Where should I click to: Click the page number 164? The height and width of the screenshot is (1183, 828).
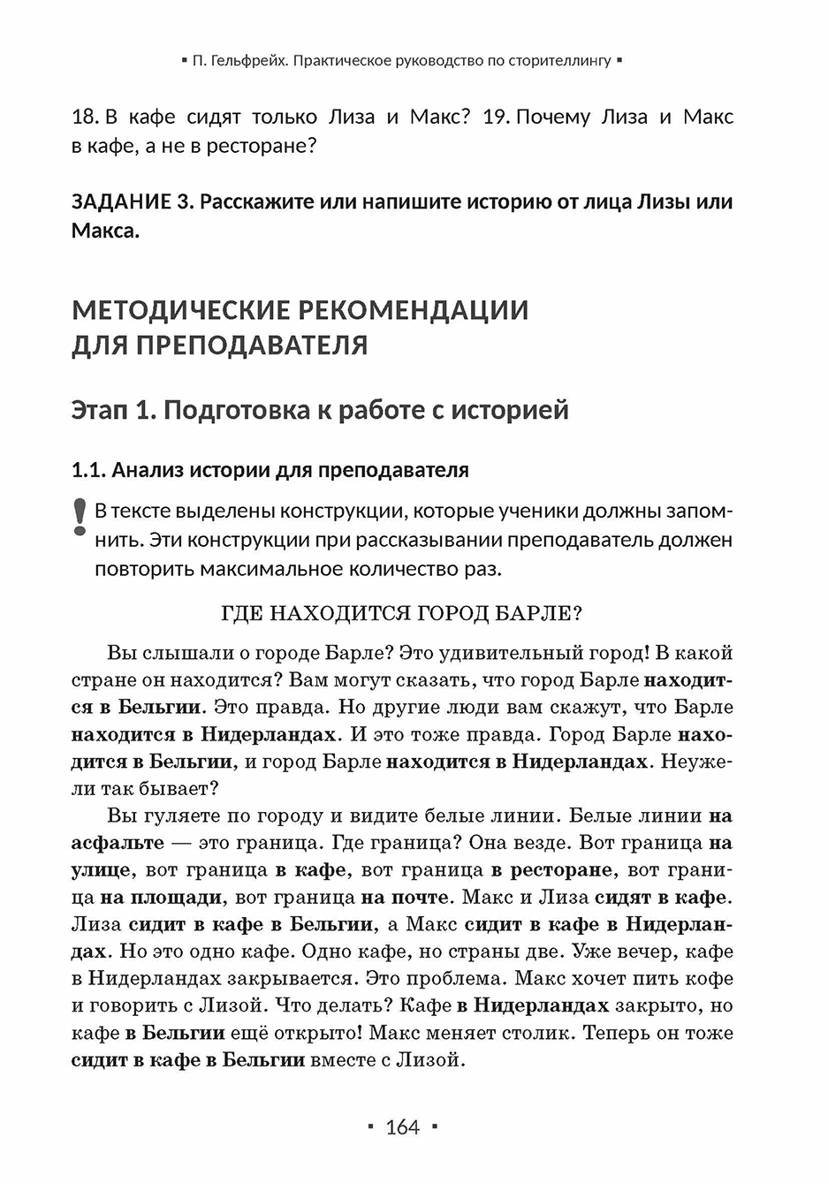tap(403, 1126)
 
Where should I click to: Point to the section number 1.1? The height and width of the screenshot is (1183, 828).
tap(87, 470)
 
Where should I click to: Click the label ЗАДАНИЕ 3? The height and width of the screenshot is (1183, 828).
tap(132, 201)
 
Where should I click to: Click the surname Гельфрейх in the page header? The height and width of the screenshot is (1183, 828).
tap(250, 61)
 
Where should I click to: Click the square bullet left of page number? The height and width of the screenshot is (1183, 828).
tap(370, 1127)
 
